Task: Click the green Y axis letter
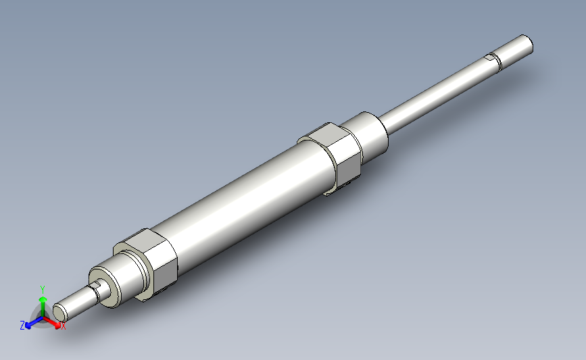pos(43,290)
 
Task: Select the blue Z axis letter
pos(22,326)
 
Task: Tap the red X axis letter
pos(63,326)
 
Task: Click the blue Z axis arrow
pos(34,322)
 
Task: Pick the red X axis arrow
pos(52,322)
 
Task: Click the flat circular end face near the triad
pos(59,312)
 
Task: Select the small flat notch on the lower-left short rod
pos(97,285)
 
